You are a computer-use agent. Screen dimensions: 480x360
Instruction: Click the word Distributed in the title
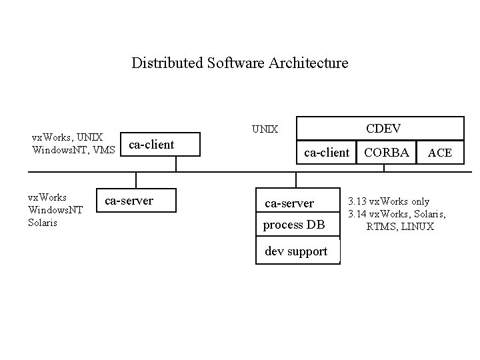(x=167, y=63)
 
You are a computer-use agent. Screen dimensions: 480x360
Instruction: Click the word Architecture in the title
(x=309, y=63)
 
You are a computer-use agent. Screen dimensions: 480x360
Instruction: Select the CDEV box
(x=380, y=128)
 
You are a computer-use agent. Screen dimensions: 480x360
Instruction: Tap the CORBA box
(x=386, y=153)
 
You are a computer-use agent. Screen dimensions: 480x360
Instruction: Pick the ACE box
(x=440, y=153)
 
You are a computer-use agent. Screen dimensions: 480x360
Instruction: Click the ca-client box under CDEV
(x=326, y=153)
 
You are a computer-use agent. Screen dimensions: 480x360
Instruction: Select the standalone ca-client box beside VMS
(x=160, y=144)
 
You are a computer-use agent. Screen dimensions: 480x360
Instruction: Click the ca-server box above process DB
(x=298, y=200)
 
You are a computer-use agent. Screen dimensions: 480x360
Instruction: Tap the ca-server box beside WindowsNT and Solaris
(x=136, y=200)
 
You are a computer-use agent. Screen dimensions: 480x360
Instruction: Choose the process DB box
(x=298, y=224)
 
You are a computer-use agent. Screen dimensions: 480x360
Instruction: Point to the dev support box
(x=298, y=250)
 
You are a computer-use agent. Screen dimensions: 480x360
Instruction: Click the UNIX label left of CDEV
(x=265, y=129)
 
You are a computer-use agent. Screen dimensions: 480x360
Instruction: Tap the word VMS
(x=104, y=150)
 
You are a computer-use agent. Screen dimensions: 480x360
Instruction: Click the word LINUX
(x=417, y=227)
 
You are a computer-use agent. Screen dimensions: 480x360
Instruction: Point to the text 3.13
(x=357, y=201)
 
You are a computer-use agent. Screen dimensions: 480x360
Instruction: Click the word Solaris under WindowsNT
(x=43, y=223)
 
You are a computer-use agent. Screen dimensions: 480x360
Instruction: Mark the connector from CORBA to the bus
(x=384, y=168)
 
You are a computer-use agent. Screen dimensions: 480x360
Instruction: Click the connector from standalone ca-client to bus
(x=176, y=164)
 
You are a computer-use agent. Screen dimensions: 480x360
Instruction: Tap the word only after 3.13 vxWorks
(x=420, y=202)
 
